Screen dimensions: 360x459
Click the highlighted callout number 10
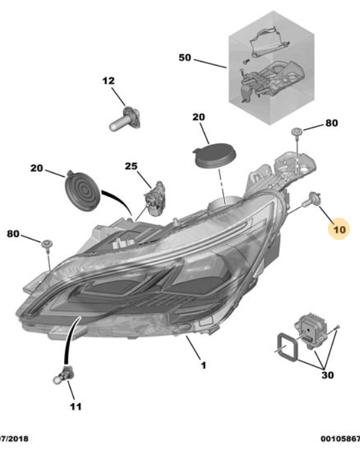(x=339, y=229)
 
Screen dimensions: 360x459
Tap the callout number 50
(x=185, y=58)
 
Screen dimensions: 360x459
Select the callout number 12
(x=108, y=81)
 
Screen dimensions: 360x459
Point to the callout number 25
(x=131, y=166)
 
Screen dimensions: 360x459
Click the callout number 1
(x=203, y=365)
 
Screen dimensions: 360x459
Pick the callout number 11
(x=75, y=407)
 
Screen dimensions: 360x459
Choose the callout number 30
(x=327, y=375)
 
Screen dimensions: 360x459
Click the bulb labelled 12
(x=125, y=119)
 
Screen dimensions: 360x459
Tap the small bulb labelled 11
(x=63, y=375)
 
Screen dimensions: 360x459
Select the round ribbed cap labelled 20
(x=82, y=190)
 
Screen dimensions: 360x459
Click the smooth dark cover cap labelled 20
(x=215, y=156)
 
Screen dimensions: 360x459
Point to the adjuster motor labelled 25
(x=155, y=199)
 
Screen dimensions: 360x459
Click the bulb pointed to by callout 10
(x=313, y=198)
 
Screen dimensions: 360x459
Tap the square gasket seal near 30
(x=287, y=347)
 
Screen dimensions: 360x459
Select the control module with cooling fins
(x=310, y=330)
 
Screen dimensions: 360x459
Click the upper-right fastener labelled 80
(x=297, y=131)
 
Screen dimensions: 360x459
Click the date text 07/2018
(x=14, y=439)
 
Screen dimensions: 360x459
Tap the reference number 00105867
(x=340, y=439)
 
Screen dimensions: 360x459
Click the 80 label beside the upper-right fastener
(x=332, y=123)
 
